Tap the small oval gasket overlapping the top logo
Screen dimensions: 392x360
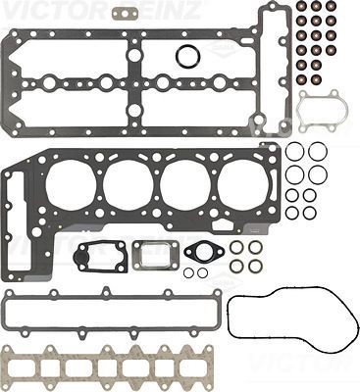tap(124, 14)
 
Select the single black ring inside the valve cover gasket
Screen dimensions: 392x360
tap(188, 57)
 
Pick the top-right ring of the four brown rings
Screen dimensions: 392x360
tap(256, 247)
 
